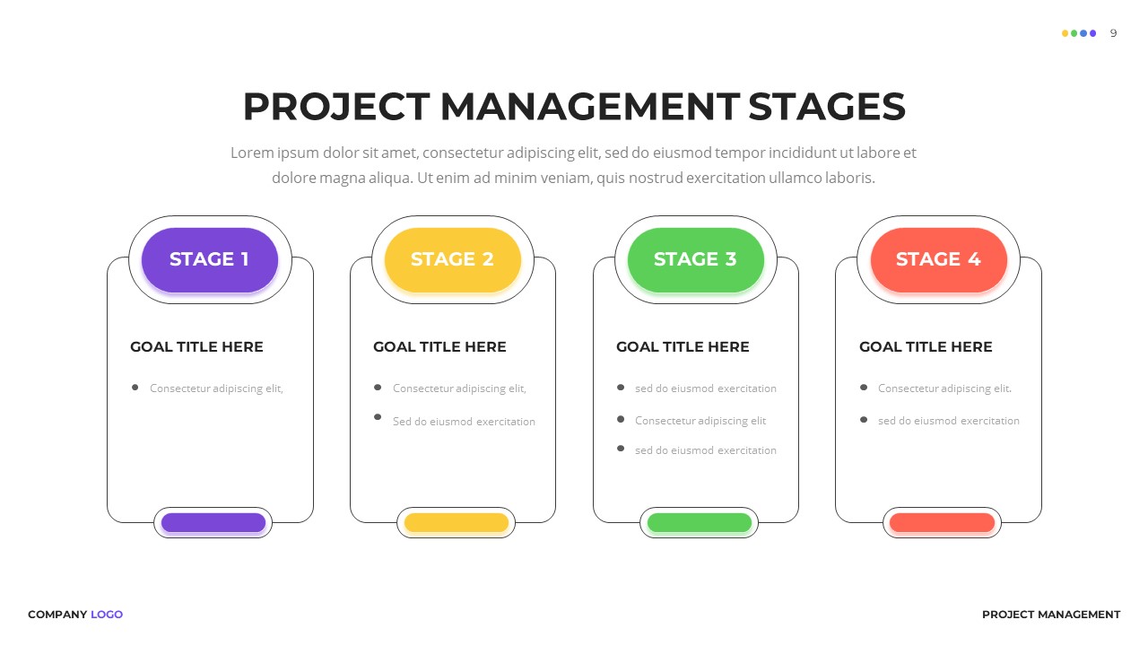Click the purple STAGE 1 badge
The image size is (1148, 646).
click(209, 259)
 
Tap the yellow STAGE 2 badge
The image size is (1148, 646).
click(452, 259)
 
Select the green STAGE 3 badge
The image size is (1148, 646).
click(695, 259)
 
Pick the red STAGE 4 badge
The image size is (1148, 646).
click(938, 259)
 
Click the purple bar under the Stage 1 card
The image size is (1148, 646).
click(213, 522)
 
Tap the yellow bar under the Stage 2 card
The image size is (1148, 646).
click(457, 522)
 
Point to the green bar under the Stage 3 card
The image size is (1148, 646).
click(700, 522)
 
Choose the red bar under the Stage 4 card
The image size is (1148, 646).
click(942, 522)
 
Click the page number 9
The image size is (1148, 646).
click(1114, 33)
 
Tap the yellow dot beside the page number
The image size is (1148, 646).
click(1065, 33)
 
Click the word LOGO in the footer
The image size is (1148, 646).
click(107, 615)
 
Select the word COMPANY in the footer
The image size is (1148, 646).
click(57, 615)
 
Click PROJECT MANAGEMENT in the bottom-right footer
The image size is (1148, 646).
click(1051, 615)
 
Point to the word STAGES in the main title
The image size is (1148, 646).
click(827, 107)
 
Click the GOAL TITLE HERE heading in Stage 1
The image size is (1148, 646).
click(196, 347)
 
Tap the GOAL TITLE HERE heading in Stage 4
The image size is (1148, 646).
click(926, 347)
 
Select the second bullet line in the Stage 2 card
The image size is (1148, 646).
click(464, 422)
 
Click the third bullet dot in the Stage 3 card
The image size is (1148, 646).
click(621, 449)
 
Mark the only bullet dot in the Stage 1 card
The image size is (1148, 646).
click(135, 388)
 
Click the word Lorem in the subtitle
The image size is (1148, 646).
click(251, 153)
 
